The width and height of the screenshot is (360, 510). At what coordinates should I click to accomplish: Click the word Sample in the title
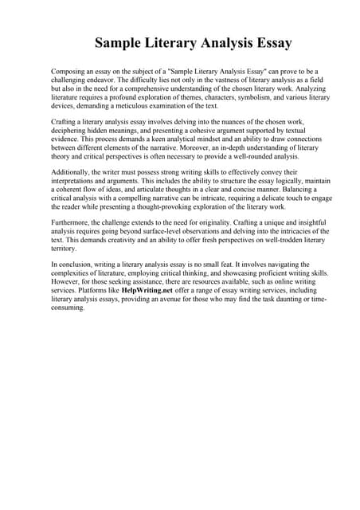click(120, 42)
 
